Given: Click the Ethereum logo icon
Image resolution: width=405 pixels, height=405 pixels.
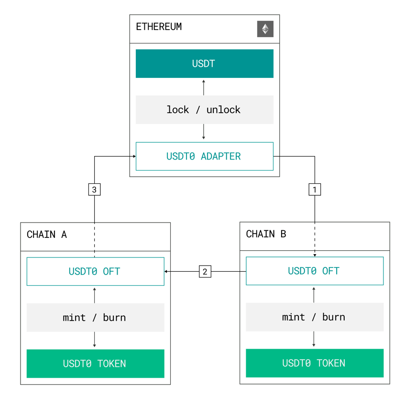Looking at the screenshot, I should click(265, 29).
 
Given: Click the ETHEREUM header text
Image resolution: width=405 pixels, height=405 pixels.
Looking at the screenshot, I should click(159, 27).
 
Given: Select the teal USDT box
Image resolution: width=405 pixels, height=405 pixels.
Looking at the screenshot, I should click(204, 64).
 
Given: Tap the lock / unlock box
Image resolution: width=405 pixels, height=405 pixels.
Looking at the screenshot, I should click(204, 110).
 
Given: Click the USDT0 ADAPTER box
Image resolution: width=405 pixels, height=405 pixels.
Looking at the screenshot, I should click(204, 156).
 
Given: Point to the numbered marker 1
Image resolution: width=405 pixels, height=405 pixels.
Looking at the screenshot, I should click(315, 190).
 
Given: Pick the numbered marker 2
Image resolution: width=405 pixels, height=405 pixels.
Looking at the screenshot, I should click(205, 272).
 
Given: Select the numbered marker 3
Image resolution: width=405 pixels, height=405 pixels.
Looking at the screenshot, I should click(94, 190).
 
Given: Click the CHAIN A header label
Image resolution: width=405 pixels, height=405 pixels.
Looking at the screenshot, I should click(47, 234).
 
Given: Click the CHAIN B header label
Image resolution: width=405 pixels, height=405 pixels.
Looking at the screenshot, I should click(266, 234).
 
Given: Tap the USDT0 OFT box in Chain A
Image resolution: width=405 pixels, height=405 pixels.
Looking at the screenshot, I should click(95, 271).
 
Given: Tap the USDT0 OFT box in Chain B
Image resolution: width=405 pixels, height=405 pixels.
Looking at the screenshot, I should click(314, 271).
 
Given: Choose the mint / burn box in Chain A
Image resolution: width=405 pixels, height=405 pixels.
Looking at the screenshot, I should click(95, 318).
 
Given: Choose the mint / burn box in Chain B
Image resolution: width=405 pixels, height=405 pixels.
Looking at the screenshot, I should click(314, 317).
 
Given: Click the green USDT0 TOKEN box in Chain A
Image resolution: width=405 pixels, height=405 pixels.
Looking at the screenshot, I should click(95, 363).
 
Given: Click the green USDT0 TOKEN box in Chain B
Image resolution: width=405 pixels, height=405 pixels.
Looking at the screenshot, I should click(314, 363).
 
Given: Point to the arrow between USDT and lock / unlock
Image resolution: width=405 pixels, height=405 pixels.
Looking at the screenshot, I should click(204, 87).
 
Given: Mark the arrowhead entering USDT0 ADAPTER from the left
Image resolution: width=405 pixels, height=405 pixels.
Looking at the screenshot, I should click(134, 156).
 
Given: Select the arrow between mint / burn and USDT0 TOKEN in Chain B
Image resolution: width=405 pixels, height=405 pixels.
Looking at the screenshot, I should click(314, 339).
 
